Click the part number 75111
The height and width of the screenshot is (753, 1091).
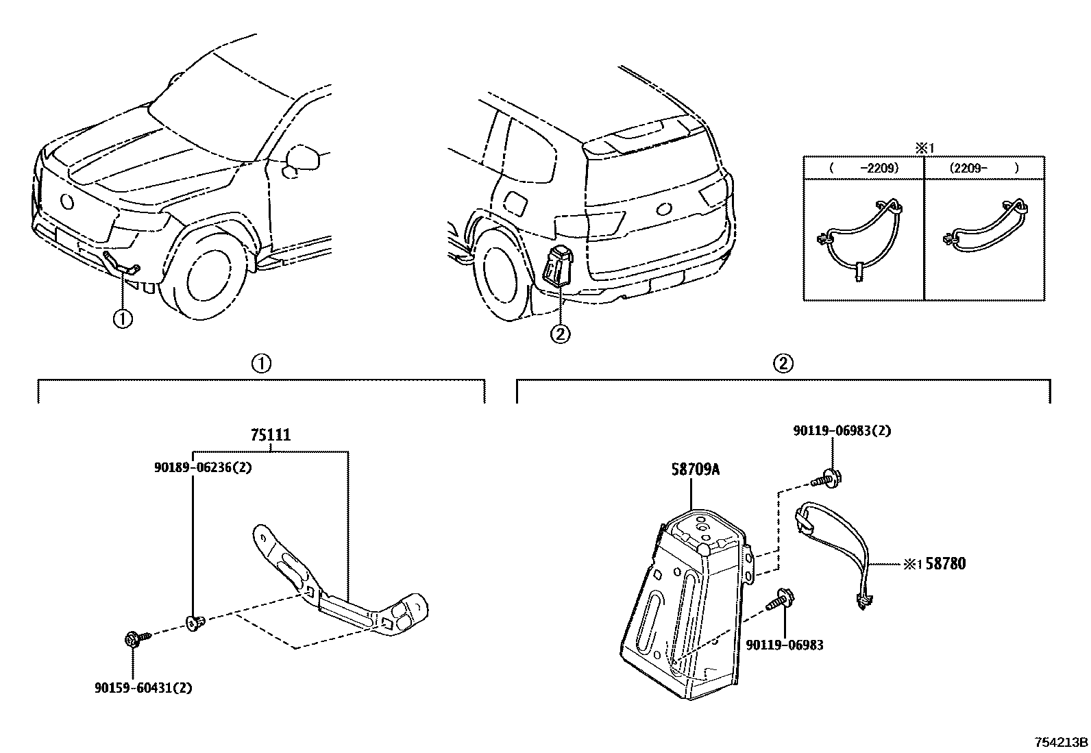point(270,434)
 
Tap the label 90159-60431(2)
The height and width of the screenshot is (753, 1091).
point(143,687)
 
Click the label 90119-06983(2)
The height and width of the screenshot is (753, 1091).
point(842,431)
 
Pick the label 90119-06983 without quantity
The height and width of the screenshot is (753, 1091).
point(785,645)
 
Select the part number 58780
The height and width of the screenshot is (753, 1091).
point(945,564)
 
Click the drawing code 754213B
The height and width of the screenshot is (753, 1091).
point(1061,742)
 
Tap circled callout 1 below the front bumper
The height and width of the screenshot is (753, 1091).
point(123,319)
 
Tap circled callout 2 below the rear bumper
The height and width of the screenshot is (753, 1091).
point(560,334)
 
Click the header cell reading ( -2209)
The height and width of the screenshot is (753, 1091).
point(863,167)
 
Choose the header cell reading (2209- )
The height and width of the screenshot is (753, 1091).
point(984,167)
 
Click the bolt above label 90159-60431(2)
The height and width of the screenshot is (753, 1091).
point(132,639)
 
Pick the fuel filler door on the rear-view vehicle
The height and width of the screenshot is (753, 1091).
point(515,203)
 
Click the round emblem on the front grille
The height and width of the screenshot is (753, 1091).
point(66,201)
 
